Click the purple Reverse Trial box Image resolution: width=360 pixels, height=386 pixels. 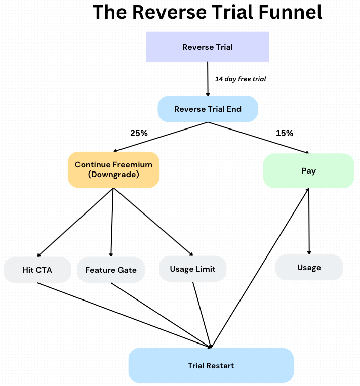click(x=208, y=47)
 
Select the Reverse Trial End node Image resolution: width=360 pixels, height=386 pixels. click(x=208, y=109)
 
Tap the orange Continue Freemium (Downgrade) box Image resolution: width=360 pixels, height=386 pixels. click(x=113, y=169)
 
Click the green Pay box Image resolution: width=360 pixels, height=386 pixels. click(x=308, y=171)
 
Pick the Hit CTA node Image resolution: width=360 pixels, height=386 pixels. click(x=37, y=270)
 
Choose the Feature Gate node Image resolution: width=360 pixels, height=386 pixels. click(x=110, y=270)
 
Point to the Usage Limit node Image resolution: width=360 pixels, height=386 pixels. click(x=192, y=269)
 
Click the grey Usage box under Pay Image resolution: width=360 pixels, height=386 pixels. click(x=309, y=267)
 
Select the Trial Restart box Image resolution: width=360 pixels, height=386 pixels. click(x=211, y=365)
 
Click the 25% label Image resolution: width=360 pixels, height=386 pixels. click(x=139, y=134)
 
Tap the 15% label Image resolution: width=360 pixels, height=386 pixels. click(x=284, y=133)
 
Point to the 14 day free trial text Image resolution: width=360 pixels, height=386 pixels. click(x=241, y=79)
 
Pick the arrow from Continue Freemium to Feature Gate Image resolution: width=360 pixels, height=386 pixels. click(x=112, y=223)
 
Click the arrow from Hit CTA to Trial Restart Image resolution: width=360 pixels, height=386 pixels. click(x=124, y=315)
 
